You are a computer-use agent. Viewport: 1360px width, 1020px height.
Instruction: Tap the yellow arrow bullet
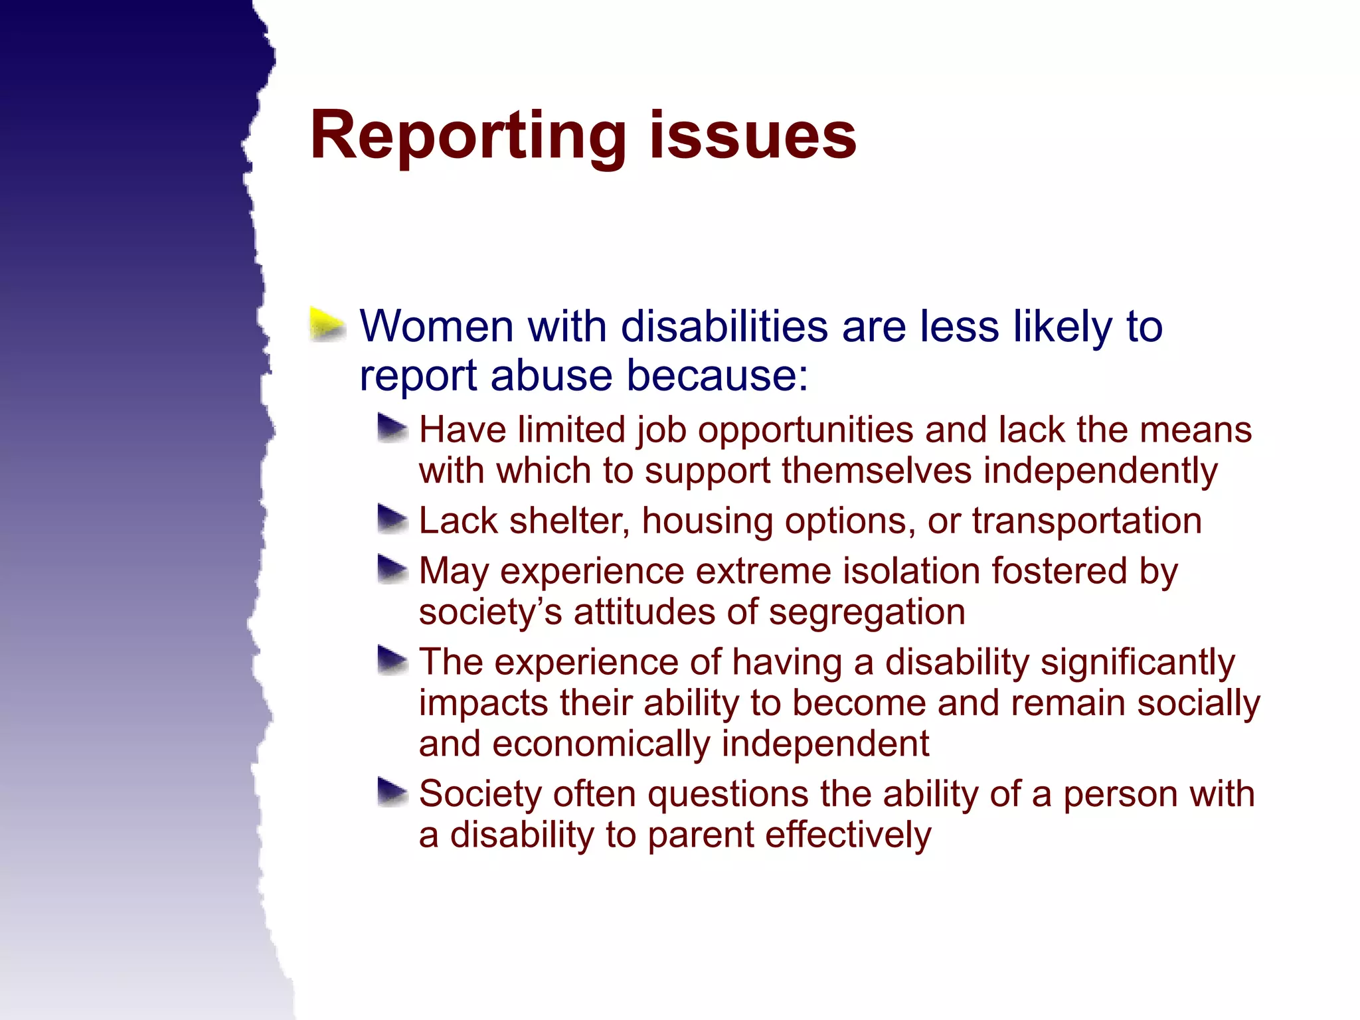coord(327,325)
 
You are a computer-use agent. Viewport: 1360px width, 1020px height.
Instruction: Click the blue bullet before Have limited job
coord(392,428)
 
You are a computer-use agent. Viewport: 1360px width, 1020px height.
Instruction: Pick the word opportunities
coord(806,430)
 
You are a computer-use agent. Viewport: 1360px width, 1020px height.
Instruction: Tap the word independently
coord(1100,471)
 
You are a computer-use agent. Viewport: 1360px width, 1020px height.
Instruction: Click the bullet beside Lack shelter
coord(392,519)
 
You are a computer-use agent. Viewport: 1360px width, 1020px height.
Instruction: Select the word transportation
coord(1086,521)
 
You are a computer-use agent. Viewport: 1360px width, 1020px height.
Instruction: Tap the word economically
coord(601,744)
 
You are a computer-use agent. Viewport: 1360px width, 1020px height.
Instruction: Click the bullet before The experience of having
coord(392,660)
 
